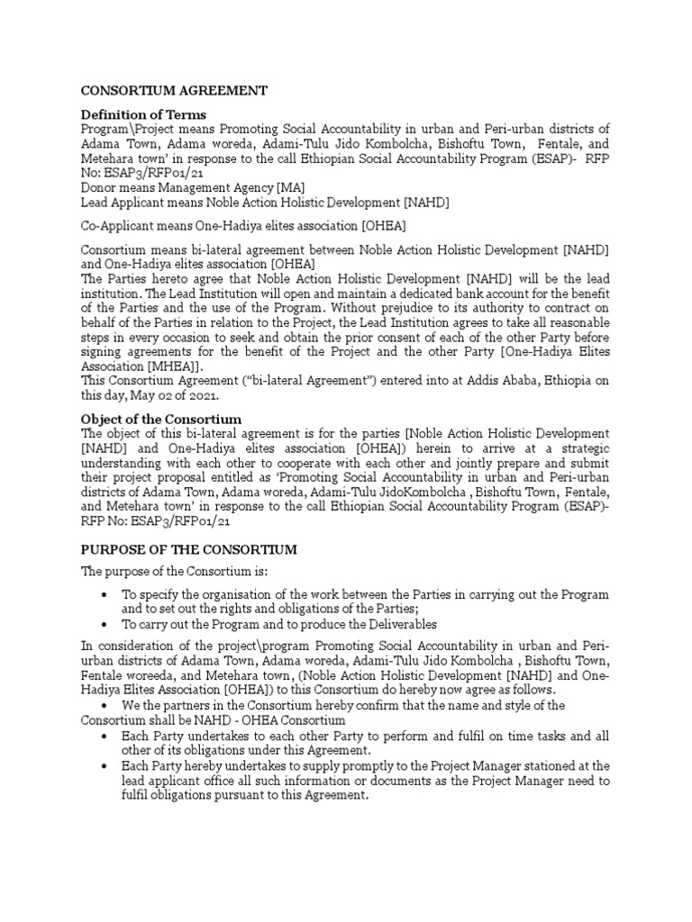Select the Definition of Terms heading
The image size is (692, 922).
tap(144, 114)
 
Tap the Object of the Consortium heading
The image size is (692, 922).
tap(160, 419)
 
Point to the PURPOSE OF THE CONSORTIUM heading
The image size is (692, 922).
tap(189, 548)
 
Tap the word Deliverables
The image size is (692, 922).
tap(394, 624)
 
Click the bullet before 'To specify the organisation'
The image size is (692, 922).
tap(108, 596)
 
